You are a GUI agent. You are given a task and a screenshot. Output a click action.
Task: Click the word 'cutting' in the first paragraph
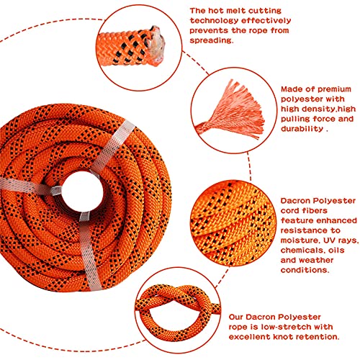pyautogui.click(x=312, y=12)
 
